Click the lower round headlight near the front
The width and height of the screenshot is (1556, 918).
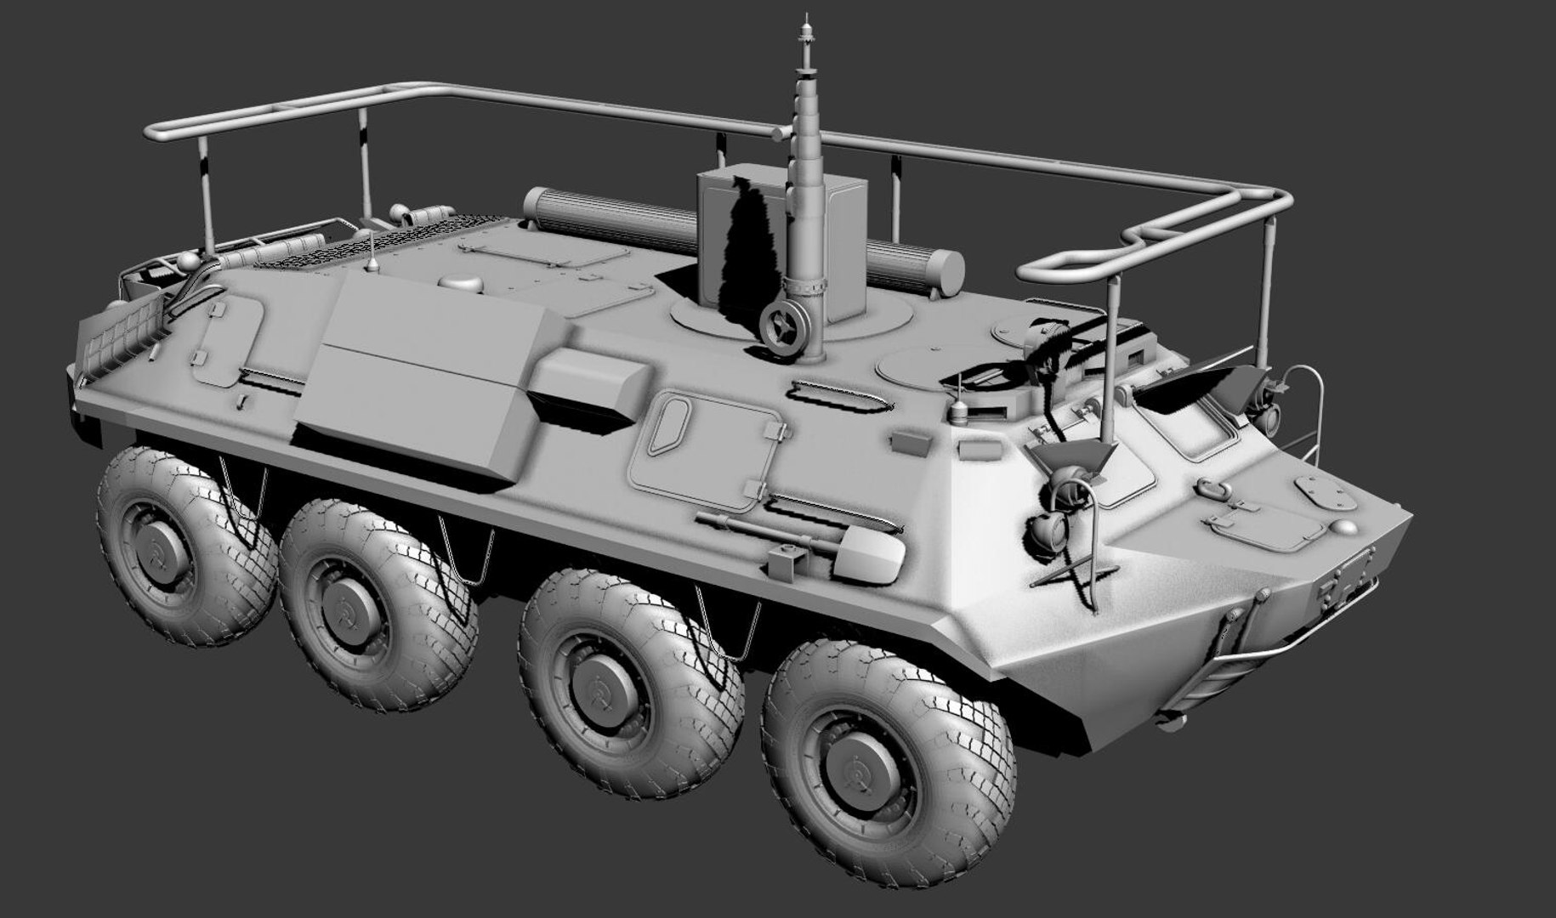pos(1045,532)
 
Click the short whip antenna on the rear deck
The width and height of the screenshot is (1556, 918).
pos(372,251)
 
